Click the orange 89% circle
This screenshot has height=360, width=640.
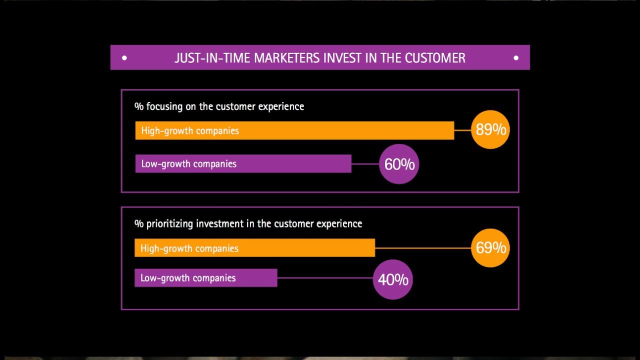490,130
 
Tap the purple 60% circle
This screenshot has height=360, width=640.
398,164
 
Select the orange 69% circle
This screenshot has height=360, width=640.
490,247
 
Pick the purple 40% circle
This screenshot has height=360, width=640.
392,279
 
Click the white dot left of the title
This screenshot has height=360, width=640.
124,58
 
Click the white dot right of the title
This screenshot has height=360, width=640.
516,58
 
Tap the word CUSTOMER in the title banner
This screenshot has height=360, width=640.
435,58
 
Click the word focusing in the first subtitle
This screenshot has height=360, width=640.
164,106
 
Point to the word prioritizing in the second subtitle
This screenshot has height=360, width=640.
169,223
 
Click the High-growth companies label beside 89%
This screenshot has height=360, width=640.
190,131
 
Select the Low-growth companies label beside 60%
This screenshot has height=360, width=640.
188,164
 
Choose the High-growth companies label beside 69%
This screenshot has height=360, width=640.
189,248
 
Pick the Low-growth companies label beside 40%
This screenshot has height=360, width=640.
187,278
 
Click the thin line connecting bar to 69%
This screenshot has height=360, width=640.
422,248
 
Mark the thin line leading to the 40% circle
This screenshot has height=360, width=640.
325,278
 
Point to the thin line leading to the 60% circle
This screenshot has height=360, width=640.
365,164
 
